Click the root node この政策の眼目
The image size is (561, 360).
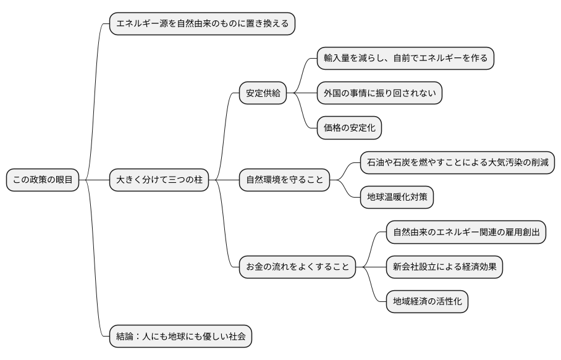[x=43, y=180]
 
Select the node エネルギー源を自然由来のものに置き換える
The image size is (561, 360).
[x=202, y=24]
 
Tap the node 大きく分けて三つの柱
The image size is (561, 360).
[x=159, y=180]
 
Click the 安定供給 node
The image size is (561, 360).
[x=263, y=93]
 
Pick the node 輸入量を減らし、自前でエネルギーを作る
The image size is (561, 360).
[x=405, y=59]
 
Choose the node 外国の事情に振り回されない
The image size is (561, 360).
[x=380, y=93]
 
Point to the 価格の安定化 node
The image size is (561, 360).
[x=349, y=128]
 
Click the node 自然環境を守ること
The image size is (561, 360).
[x=284, y=180]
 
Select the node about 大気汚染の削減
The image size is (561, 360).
[x=457, y=163]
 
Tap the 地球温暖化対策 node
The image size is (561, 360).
[x=397, y=198]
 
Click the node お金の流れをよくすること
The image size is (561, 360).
[x=297, y=267]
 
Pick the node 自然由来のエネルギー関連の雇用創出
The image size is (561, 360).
[x=466, y=232]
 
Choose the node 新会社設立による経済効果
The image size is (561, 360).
[x=444, y=267]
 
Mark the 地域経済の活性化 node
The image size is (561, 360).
[x=427, y=302]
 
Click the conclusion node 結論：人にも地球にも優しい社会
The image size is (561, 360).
[x=181, y=337]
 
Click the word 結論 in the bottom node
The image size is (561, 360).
[x=125, y=337]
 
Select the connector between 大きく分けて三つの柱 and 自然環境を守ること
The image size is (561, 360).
[x=224, y=180]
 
